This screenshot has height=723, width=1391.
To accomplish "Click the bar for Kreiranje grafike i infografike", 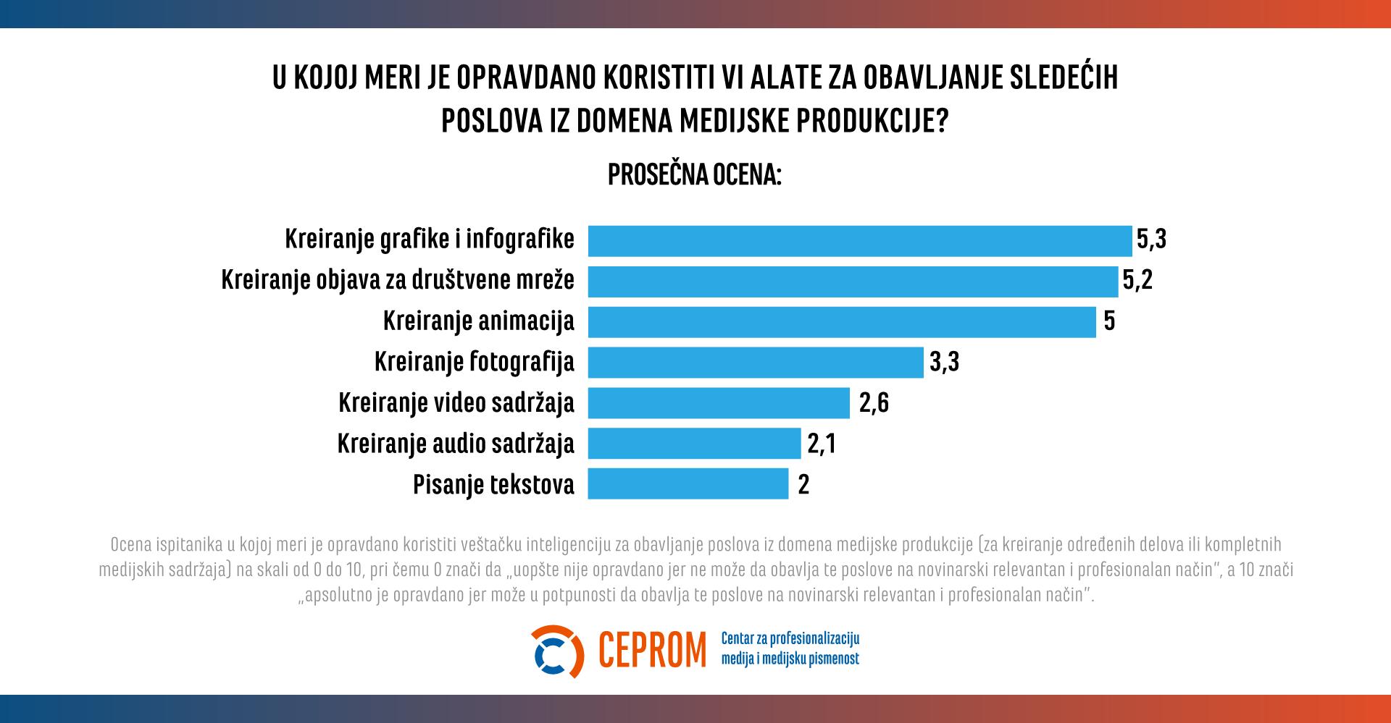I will tap(859, 241).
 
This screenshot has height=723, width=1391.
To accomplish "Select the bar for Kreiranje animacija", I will tap(841, 322).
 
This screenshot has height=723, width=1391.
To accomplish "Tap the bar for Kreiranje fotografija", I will tap(756, 363).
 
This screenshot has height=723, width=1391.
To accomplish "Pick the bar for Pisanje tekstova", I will tap(688, 484).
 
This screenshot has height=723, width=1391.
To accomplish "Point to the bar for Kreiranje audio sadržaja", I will tap(694, 444).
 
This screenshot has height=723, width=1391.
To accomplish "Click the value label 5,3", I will tap(1151, 240).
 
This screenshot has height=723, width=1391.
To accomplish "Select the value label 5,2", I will tap(1137, 281).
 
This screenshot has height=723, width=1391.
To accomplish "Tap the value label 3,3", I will tap(943, 362).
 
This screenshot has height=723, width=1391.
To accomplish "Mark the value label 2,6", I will tap(873, 403).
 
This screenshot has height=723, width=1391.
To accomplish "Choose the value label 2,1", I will tap(822, 444).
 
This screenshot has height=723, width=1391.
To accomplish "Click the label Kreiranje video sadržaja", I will tap(456, 403).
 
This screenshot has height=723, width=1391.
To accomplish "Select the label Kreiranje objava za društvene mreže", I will tap(397, 281).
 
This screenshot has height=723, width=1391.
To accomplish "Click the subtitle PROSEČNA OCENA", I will tap(694, 175).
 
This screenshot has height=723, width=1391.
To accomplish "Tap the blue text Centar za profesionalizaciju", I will tap(790, 639).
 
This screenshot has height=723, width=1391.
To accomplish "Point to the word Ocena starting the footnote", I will tap(129, 544).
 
